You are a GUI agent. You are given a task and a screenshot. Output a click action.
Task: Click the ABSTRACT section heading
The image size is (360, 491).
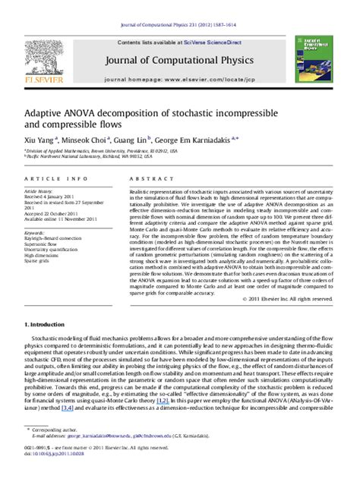click(x=155, y=178)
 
